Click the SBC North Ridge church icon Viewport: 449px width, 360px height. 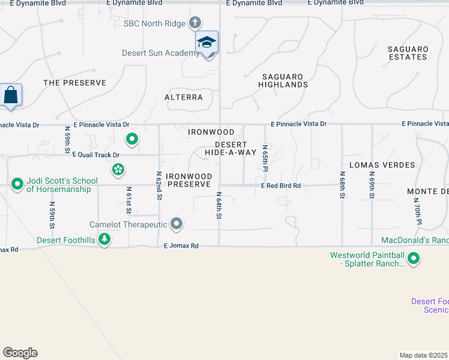click(194, 23)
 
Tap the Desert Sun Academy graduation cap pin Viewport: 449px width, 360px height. click(206, 43)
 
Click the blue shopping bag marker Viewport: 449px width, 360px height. click(11, 95)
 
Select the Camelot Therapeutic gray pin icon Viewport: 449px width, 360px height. click(176, 224)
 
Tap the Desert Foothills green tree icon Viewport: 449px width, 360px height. click(104, 239)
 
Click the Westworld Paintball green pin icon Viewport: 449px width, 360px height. click(414, 259)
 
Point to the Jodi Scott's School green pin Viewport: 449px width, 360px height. click(17, 184)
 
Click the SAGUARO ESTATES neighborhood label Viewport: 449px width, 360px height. click(408, 53)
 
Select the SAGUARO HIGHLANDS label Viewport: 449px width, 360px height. click(283, 80)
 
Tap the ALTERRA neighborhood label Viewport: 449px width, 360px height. click(184, 97)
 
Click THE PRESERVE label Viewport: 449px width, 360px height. click(74, 83)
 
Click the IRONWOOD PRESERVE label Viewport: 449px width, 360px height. click(189, 180)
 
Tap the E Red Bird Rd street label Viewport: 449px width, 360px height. click(280, 186)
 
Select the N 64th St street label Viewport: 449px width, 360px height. click(219, 205)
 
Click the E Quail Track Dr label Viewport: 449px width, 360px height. click(92, 155)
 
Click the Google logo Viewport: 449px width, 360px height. click(20, 353)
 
